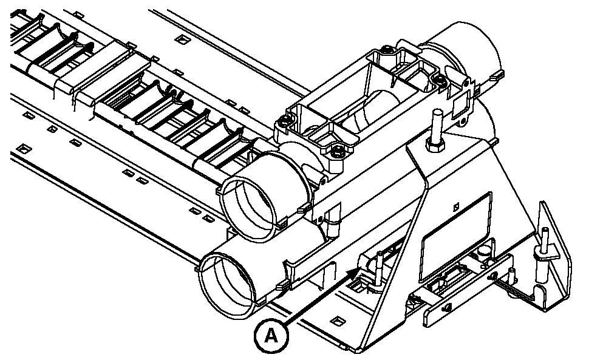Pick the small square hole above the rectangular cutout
pyautogui.click(x=455, y=206)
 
